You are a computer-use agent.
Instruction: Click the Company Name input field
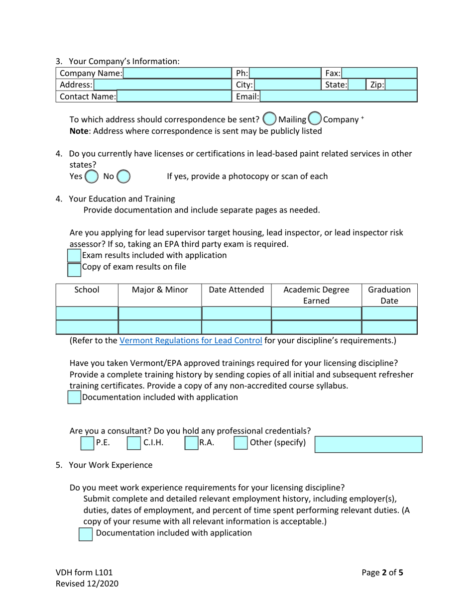pos(177,74)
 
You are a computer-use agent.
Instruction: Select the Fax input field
pos(379,74)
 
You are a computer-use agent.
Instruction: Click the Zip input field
pos(401,85)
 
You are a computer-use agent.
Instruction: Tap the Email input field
pos(339,97)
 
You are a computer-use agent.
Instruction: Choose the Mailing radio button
pos(269,119)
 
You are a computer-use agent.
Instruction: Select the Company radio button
pos(315,119)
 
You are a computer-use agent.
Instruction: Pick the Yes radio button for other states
pos(92,177)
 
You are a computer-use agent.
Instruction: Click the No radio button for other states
pos(123,177)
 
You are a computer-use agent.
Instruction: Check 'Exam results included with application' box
pos(74,256)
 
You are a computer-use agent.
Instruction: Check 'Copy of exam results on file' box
pos(74,269)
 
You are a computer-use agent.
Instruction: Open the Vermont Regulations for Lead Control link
pos(191,341)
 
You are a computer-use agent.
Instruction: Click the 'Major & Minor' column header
pos(160,290)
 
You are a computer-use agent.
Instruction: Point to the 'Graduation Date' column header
pos(389,295)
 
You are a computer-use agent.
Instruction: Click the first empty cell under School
pos(87,313)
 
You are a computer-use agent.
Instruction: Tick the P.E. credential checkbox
pos(87,443)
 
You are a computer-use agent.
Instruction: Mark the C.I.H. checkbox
pos(134,443)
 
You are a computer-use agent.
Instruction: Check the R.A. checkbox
pos(192,443)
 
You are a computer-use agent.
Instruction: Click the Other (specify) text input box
pos(368,444)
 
